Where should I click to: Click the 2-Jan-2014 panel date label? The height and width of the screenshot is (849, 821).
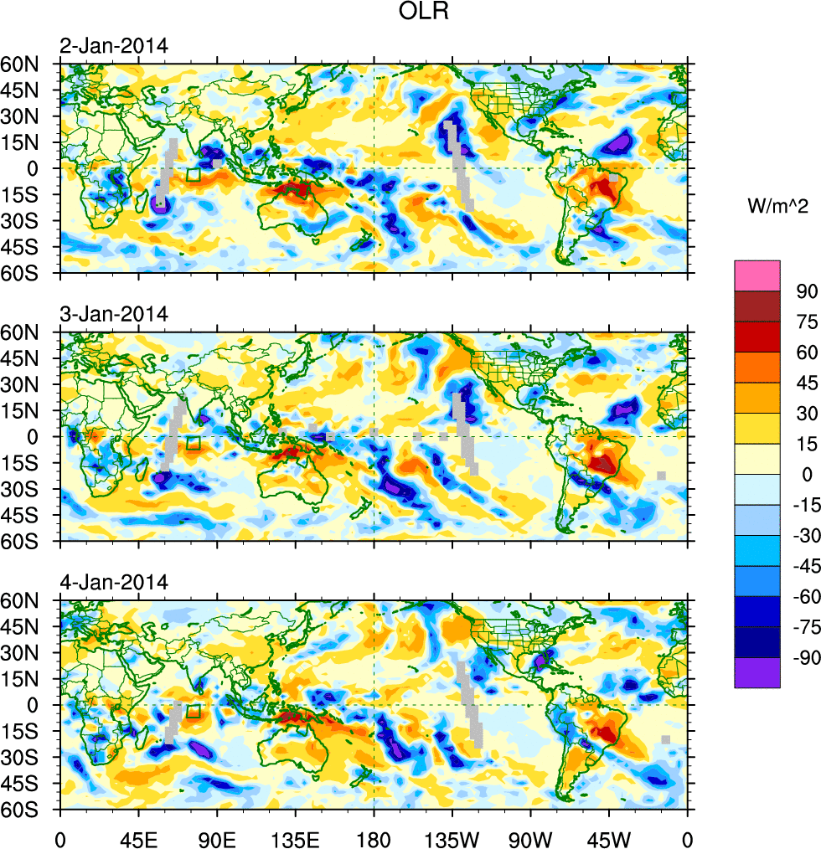pos(113,46)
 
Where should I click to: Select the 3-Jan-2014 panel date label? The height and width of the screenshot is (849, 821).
pos(113,315)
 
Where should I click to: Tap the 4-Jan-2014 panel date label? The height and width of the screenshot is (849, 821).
pos(113,582)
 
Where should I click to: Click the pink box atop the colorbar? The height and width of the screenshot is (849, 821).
pos(756,275)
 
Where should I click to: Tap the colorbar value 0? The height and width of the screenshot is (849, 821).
pos(806,474)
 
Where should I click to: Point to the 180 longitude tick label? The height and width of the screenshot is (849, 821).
pos(374,837)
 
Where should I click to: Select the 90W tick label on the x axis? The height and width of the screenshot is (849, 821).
pos(530,837)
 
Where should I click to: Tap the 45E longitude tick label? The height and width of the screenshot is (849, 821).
pos(138,837)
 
